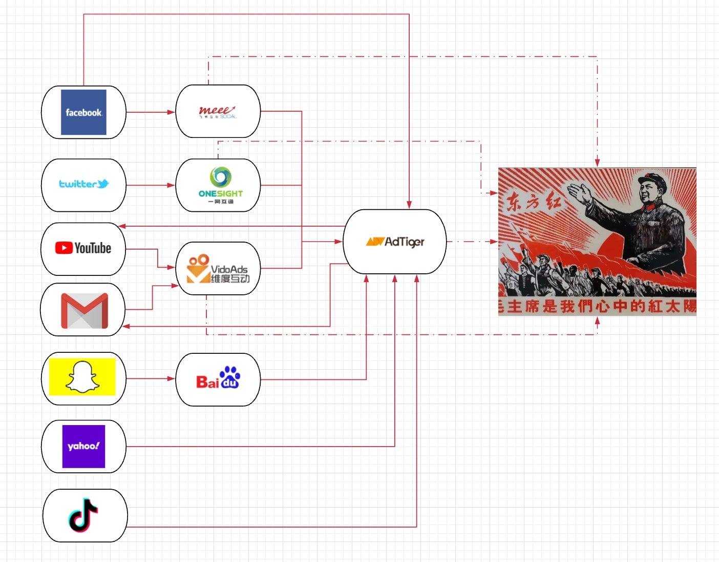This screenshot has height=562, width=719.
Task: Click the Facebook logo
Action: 83,112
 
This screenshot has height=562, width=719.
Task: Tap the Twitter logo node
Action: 83,184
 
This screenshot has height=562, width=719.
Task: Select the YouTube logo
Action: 83,248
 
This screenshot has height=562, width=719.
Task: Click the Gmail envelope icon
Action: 84,310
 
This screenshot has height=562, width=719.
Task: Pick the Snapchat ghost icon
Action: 82,377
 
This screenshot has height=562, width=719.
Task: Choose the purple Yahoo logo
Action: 83,446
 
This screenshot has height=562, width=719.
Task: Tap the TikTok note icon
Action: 83,514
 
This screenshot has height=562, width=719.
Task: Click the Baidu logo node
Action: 218,379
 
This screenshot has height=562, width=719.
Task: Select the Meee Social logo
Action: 218,111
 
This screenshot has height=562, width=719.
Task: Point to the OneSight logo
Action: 220,185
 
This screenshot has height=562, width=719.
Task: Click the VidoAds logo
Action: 218,268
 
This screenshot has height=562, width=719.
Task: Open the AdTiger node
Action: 394,242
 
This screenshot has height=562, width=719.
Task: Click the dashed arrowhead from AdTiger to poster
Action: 494,242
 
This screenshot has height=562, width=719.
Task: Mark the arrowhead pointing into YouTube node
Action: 122,226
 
